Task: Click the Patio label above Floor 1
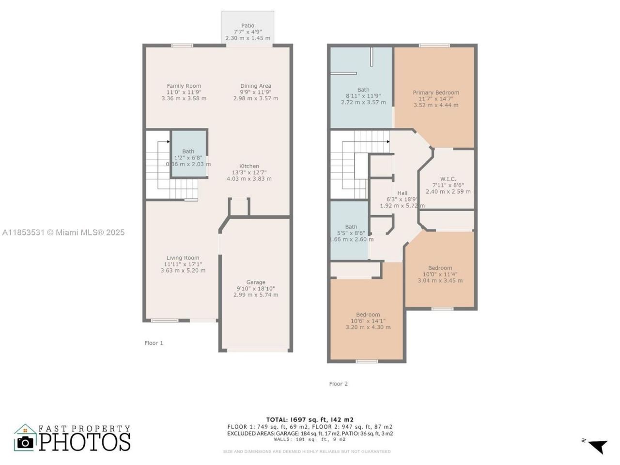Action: click(x=248, y=26)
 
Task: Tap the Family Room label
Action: click(x=184, y=86)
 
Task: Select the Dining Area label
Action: click(x=256, y=86)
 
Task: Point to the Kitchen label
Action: click(x=249, y=166)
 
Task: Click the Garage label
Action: click(x=256, y=282)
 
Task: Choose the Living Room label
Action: click(x=183, y=258)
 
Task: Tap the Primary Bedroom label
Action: click(x=436, y=93)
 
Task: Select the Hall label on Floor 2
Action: click(x=402, y=193)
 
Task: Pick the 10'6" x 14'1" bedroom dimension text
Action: click(x=368, y=321)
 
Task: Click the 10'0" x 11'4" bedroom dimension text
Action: click(x=440, y=274)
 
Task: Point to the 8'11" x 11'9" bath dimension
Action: click(x=363, y=96)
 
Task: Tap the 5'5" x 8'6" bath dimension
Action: click(x=351, y=233)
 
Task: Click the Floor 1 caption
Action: click(x=154, y=343)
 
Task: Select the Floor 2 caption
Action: click(x=338, y=384)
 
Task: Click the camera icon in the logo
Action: click(x=25, y=442)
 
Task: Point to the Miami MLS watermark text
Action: click(x=63, y=232)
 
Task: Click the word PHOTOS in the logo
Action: click(x=85, y=442)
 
